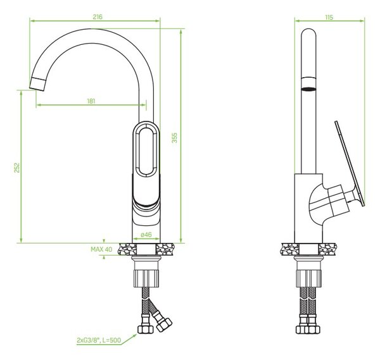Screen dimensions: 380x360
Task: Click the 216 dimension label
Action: (x=98, y=16)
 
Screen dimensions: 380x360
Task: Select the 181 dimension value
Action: (x=91, y=101)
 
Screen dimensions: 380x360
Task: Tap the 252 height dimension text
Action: (x=16, y=168)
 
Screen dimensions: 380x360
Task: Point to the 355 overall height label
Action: (x=175, y=138)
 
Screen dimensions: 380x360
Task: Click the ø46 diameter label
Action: (x=146, y=234)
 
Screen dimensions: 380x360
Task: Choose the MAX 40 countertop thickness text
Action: (x=101, y=249)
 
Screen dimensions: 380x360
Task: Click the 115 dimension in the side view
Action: (x=329, y=17)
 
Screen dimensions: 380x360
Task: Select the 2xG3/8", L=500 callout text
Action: (x=99, y=340)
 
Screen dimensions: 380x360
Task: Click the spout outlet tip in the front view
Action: (x=37, y=84)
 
